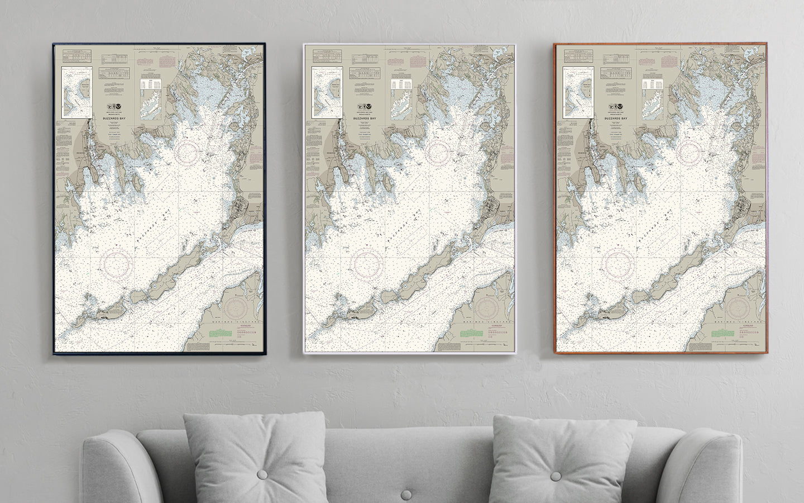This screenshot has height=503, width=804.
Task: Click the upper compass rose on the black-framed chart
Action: pyautogui.click(x=189, y=153)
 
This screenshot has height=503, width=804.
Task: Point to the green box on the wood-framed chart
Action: pyautogui.click(x=721, y=333)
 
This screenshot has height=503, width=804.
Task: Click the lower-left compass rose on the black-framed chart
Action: pyautogui.click(x=117, y=261)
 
